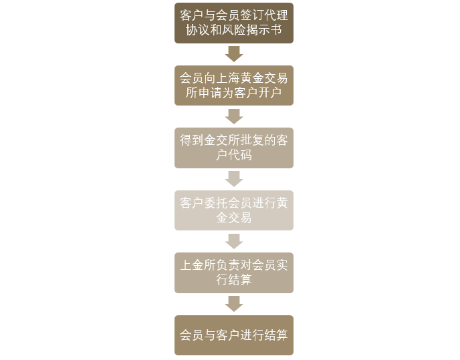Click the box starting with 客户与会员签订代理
tap(234, 23)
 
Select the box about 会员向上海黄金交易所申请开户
tap(234, 85)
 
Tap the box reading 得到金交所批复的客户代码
tap(234, 148)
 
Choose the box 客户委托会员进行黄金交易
tap(234, 210)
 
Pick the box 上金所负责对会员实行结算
tap(234, 273)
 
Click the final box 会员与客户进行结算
tap(234, 335)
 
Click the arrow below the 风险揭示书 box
tap(234, 54)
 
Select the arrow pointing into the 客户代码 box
tap(234, 117)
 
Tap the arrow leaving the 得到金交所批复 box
tap(234, 179)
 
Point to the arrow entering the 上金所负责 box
tap(234, 242)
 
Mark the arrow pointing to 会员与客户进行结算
tap(234, 304)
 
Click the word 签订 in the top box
tap(251, 15)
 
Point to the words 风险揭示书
tap(252, 30)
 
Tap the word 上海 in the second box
tap(227, 78)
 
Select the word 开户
tap(269, 93)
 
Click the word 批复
tap(251, 140)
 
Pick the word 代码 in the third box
tap(239, 155)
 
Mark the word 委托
tap(215, 203)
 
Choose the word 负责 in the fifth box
tap(227, 265)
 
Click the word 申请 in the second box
tap(210, 93)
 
